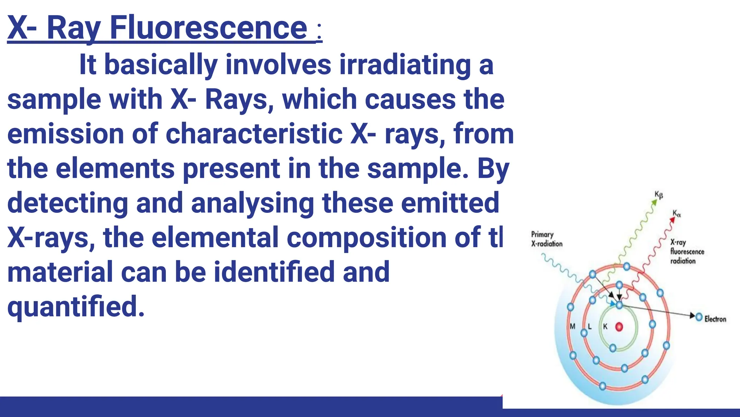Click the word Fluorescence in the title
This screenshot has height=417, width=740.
click(208, 28)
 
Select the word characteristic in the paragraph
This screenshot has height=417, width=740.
click(254, 134)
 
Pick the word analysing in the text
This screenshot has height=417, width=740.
click(252, 203)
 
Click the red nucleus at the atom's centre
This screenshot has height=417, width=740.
click(619, 327)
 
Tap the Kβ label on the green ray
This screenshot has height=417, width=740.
click(659, 195)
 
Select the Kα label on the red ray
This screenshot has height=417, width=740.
click(676, 214)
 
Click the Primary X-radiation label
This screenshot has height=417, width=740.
click(546, 239)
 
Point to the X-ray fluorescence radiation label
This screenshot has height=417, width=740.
click(687, 252)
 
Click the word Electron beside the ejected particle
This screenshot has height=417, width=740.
click(715, 319)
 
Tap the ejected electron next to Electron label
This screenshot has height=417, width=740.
click(699, 317)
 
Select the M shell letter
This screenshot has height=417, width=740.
click(572, 326)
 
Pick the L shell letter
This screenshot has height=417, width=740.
click(590, 326)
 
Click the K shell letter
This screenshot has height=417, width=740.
click(605, 326)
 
